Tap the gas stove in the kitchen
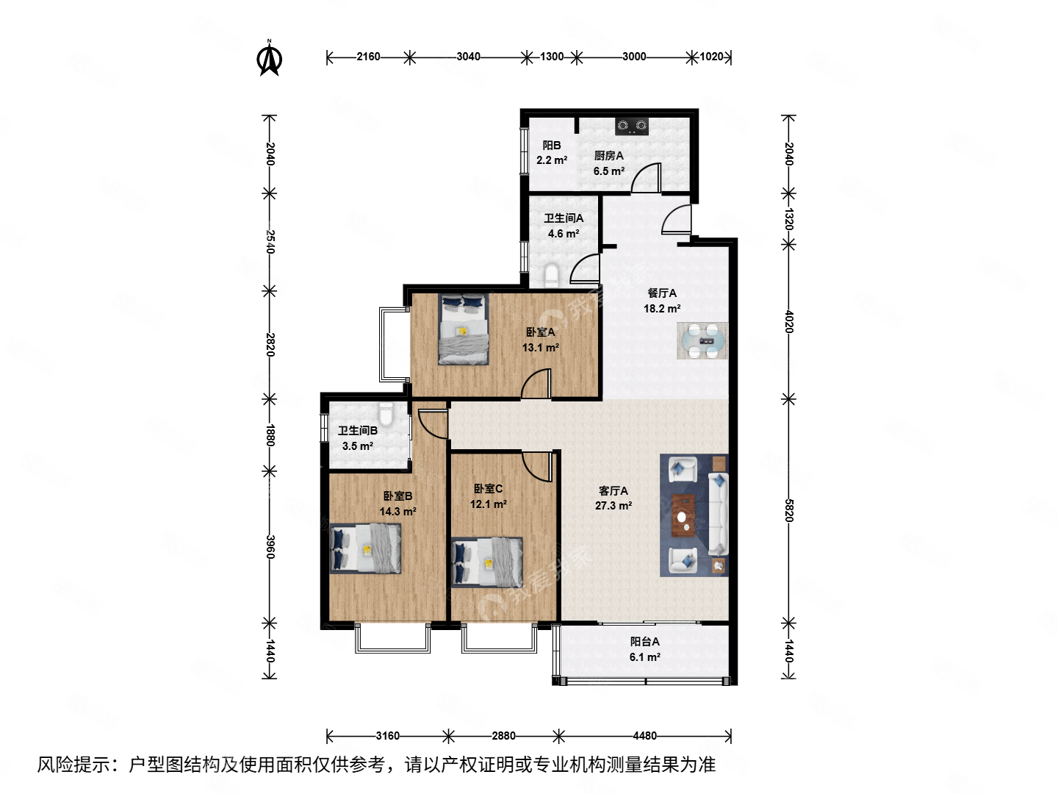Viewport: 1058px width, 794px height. (x=632, y=126)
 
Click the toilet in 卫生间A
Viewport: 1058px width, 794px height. (x=553, y=276)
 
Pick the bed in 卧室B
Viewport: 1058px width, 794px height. (x=366, y=548)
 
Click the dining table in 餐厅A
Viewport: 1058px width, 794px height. (x=702, y=340)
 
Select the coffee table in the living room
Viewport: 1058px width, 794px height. (x=683, y=515)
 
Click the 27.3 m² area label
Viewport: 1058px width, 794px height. (x=613, y=506)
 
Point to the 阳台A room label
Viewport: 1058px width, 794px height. (x=644, y=641)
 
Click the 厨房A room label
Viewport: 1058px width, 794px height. (x=608, y=155)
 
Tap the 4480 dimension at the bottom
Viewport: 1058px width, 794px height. (x=644, y=736)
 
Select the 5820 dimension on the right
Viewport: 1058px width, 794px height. (x=788, y=510)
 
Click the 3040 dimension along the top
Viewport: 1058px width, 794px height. (x=468, y=57)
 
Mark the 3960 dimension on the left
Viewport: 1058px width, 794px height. (x=270, y=546)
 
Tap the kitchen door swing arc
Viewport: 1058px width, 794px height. (x=647, y=178)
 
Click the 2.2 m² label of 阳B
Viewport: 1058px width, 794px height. (x=551, y=160)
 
